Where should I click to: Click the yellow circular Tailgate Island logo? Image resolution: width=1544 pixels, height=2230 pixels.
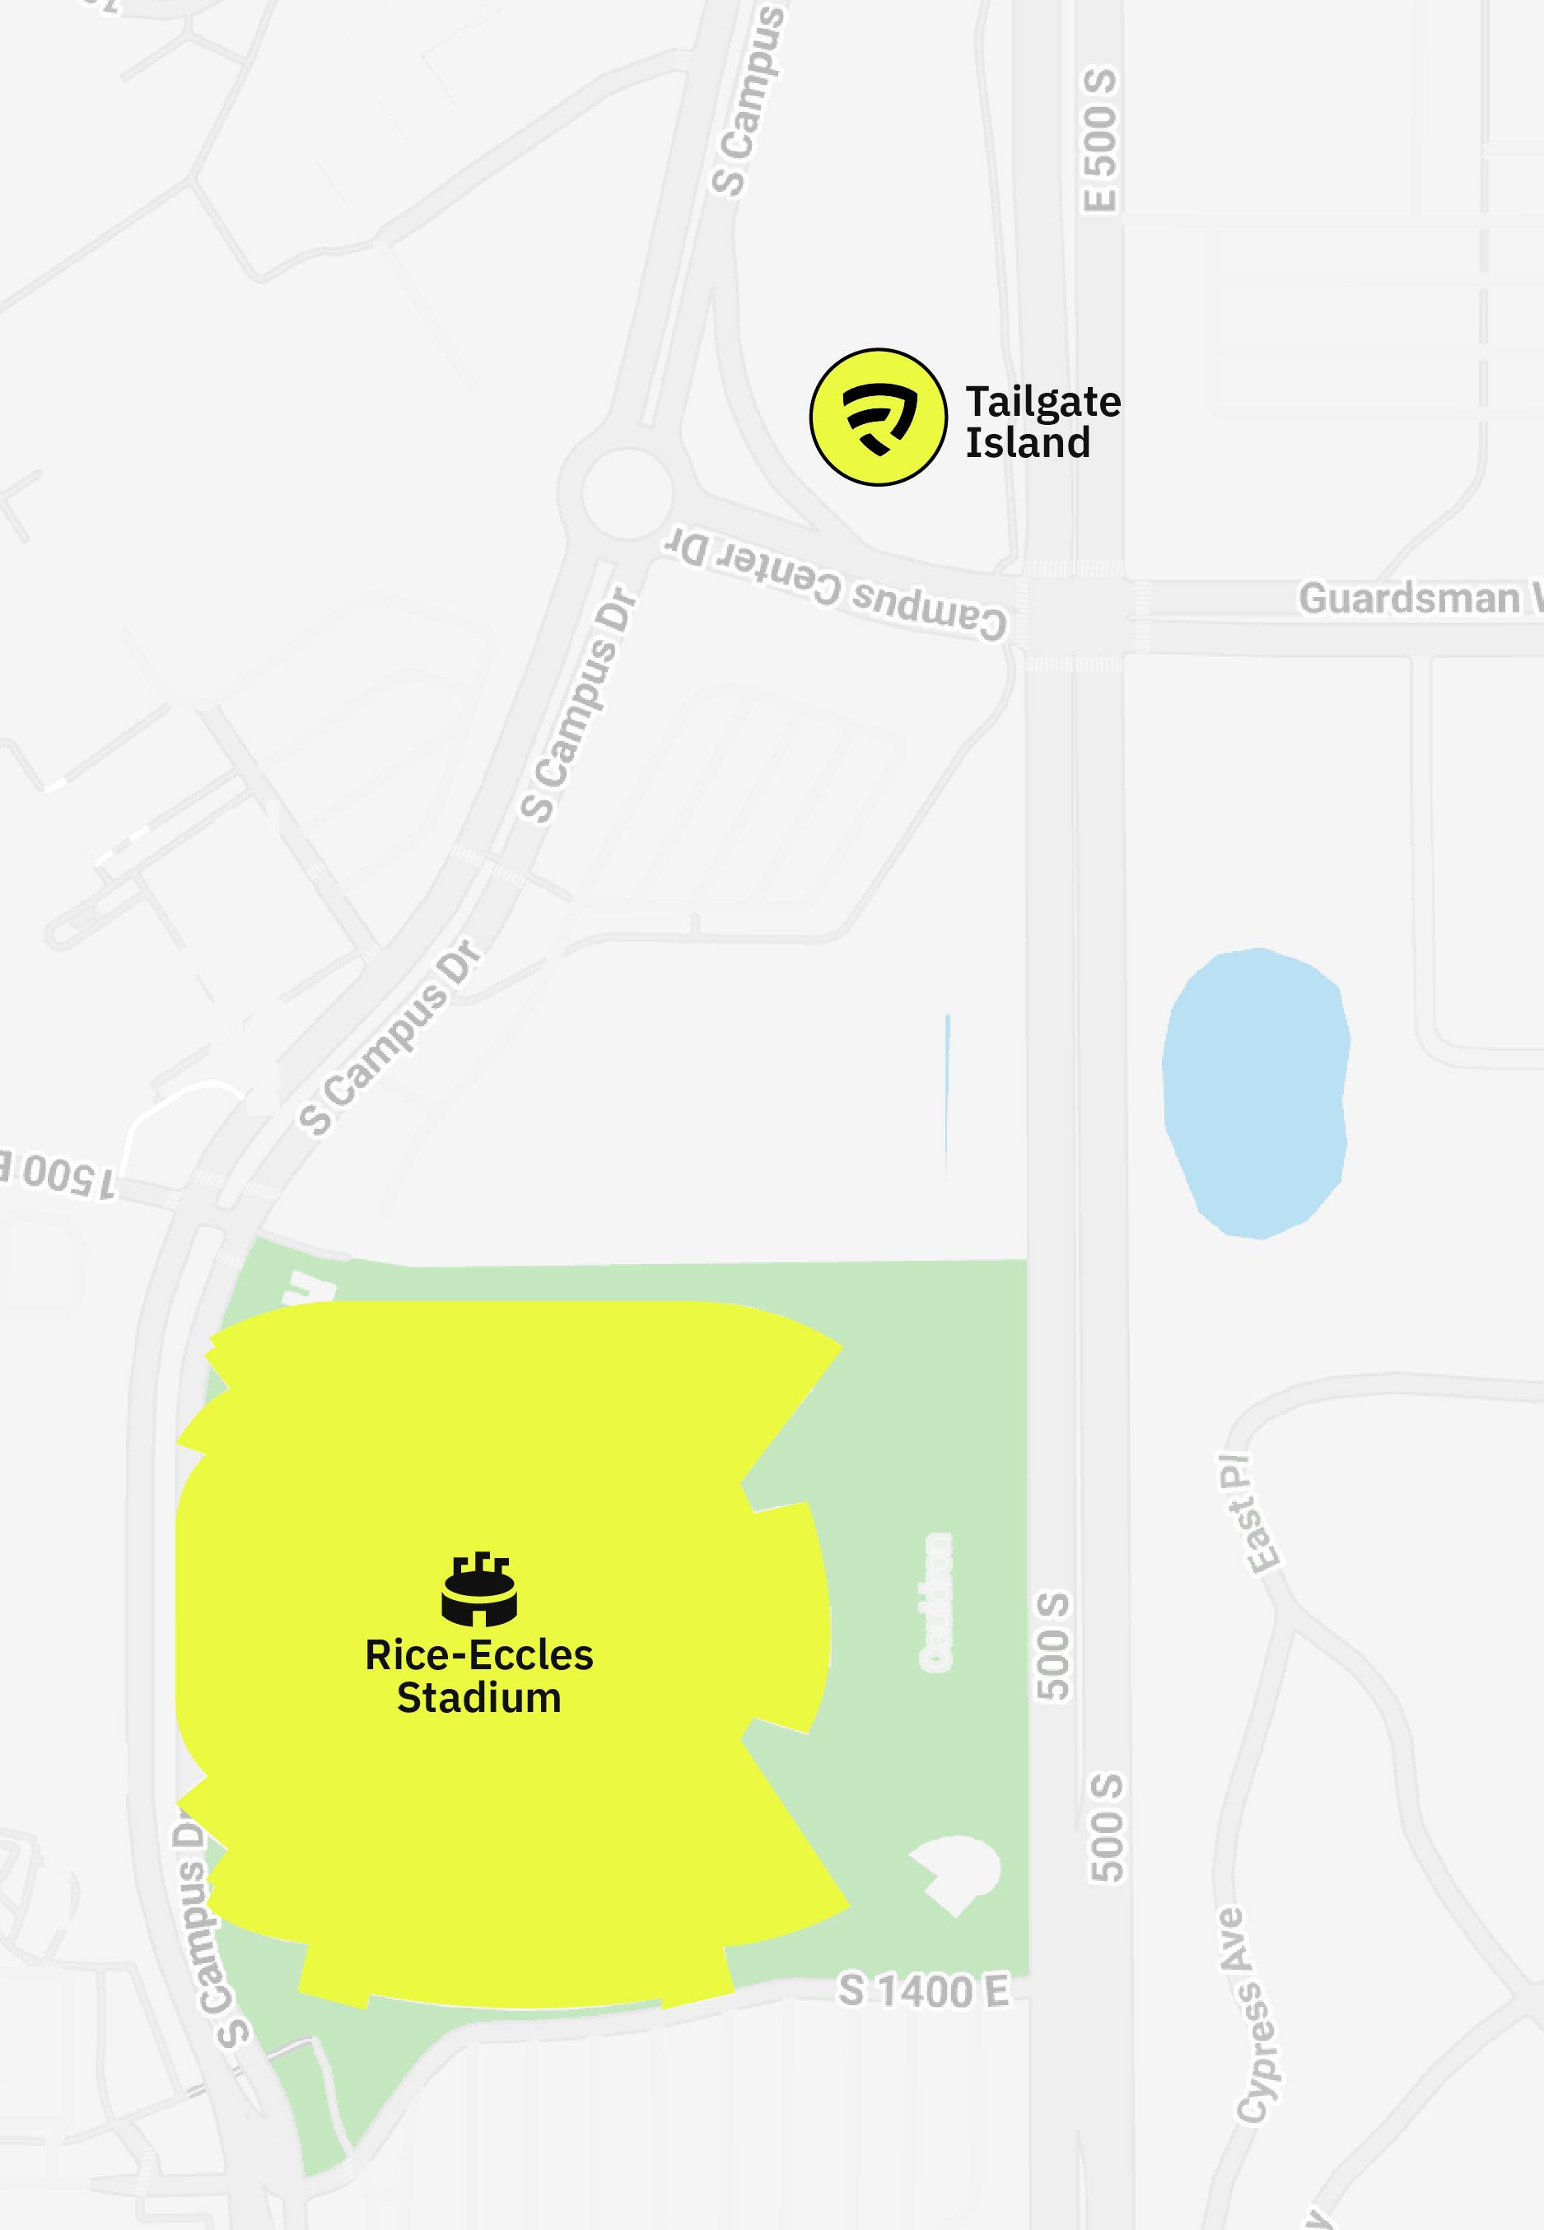(x=878, y=417)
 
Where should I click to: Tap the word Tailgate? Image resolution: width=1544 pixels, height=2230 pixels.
(x=1043, y=403)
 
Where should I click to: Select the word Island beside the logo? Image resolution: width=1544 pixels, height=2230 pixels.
(x=1028, y=443)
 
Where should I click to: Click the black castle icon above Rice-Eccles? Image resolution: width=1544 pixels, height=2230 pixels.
(x=479, y=1589)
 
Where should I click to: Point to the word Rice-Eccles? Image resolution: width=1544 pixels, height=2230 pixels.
(x=479, y=1655)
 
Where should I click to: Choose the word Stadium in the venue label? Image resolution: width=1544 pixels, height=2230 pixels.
(x=479, y=1699)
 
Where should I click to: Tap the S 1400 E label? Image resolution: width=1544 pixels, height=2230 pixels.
(x=923, y=1991)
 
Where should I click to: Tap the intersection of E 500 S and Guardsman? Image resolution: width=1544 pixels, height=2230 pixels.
(x=1074, y=618)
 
